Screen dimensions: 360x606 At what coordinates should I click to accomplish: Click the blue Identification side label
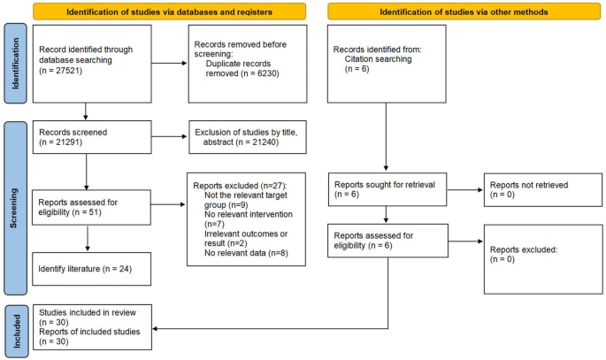click(x=12, y=67)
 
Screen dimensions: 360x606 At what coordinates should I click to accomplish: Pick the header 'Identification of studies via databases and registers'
click(x=169, y=11)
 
